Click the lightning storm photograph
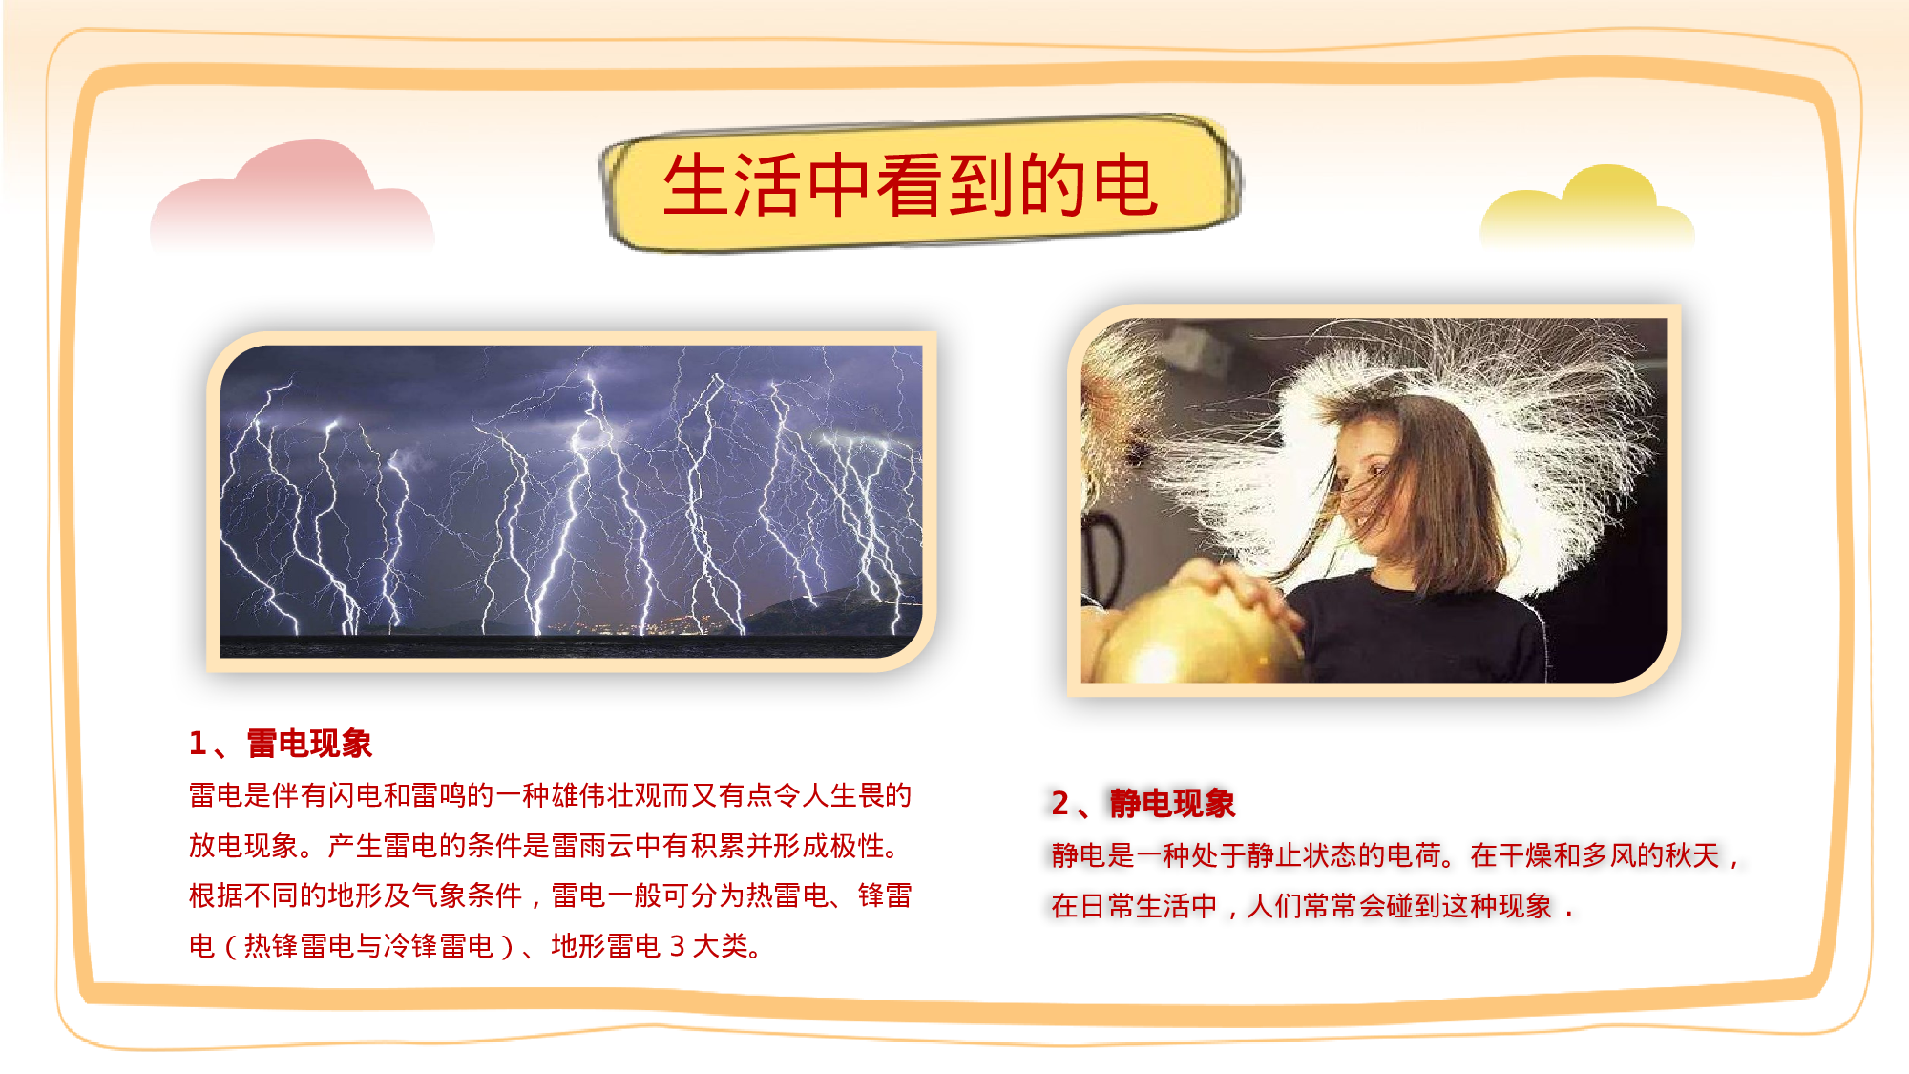[571, 496]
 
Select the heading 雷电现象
[309, 744]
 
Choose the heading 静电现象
[1172, 804]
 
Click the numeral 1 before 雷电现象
[198, 744]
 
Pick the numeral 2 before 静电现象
[1059, 804]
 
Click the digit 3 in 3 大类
[677, 946]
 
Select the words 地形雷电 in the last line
[605, 946]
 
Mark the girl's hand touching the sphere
[1241, 592]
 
